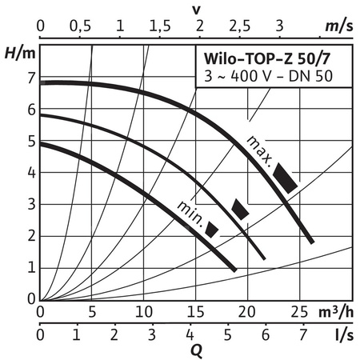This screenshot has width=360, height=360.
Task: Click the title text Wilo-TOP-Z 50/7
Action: pos(274,61)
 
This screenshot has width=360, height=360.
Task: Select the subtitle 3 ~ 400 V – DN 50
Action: pos(274,77)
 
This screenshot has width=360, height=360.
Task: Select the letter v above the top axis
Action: pos(196,8)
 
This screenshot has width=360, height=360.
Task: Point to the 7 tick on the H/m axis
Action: pos(32,78)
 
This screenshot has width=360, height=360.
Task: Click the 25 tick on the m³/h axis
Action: pos(298,311)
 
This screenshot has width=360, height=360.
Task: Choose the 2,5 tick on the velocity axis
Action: pos(239,26)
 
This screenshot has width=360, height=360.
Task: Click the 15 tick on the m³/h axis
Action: pos(195,311)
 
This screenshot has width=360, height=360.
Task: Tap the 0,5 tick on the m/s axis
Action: pos(80,26)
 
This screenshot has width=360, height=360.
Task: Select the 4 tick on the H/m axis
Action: pos(32,173)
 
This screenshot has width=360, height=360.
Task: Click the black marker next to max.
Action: pos(286,178)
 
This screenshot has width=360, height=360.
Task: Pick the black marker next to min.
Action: pos(212,230)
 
